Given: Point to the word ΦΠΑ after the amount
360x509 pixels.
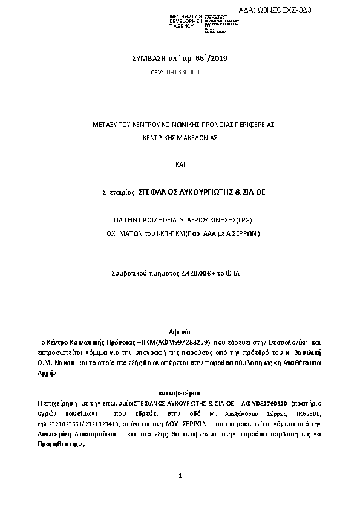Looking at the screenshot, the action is click(233, 273).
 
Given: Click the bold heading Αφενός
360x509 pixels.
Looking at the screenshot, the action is click(180, 332).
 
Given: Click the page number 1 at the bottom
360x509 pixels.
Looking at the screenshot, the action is click(180, 477).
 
